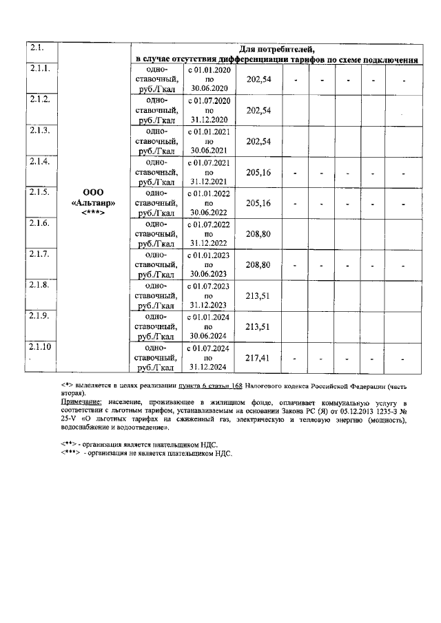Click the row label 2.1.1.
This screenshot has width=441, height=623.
(40, 70)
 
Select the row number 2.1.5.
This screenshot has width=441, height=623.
(40, 192)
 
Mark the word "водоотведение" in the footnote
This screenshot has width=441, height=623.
(126, 427)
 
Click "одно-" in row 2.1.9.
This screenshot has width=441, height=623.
(156, 316)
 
